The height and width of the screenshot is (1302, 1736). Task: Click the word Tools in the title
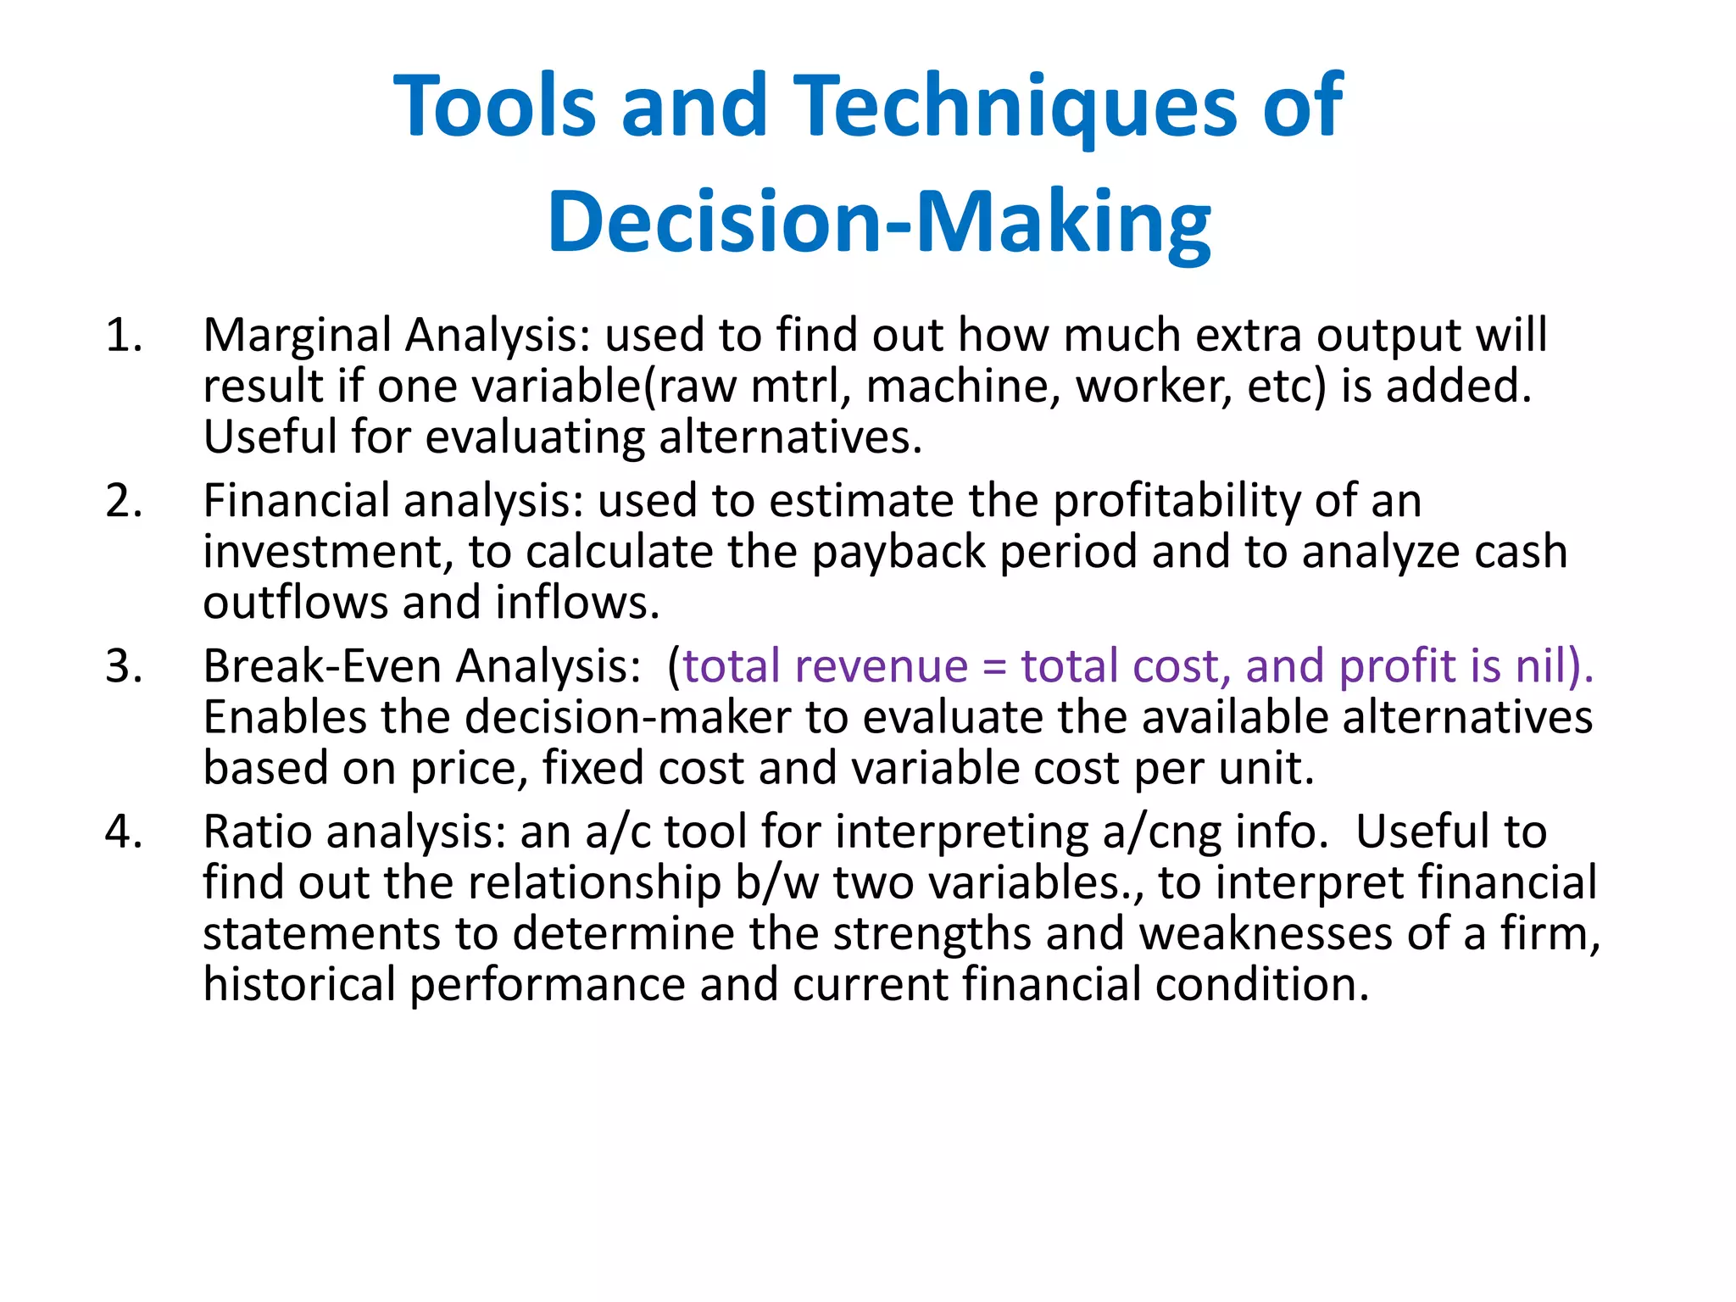pyautogui.click(x=495, y=106)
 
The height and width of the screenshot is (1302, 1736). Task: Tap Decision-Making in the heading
pyautogui.click(x=879, y=222)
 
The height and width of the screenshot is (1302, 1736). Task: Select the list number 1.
pyautogui.click(x=123, y=336)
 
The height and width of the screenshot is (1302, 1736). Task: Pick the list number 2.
pyautogui.click(x=123, y=501)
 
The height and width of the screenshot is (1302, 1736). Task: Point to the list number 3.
pyautogui.click(x=123, y=666)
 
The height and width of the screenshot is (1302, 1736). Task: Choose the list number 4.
pyautogui.click(x=123, y=832)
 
